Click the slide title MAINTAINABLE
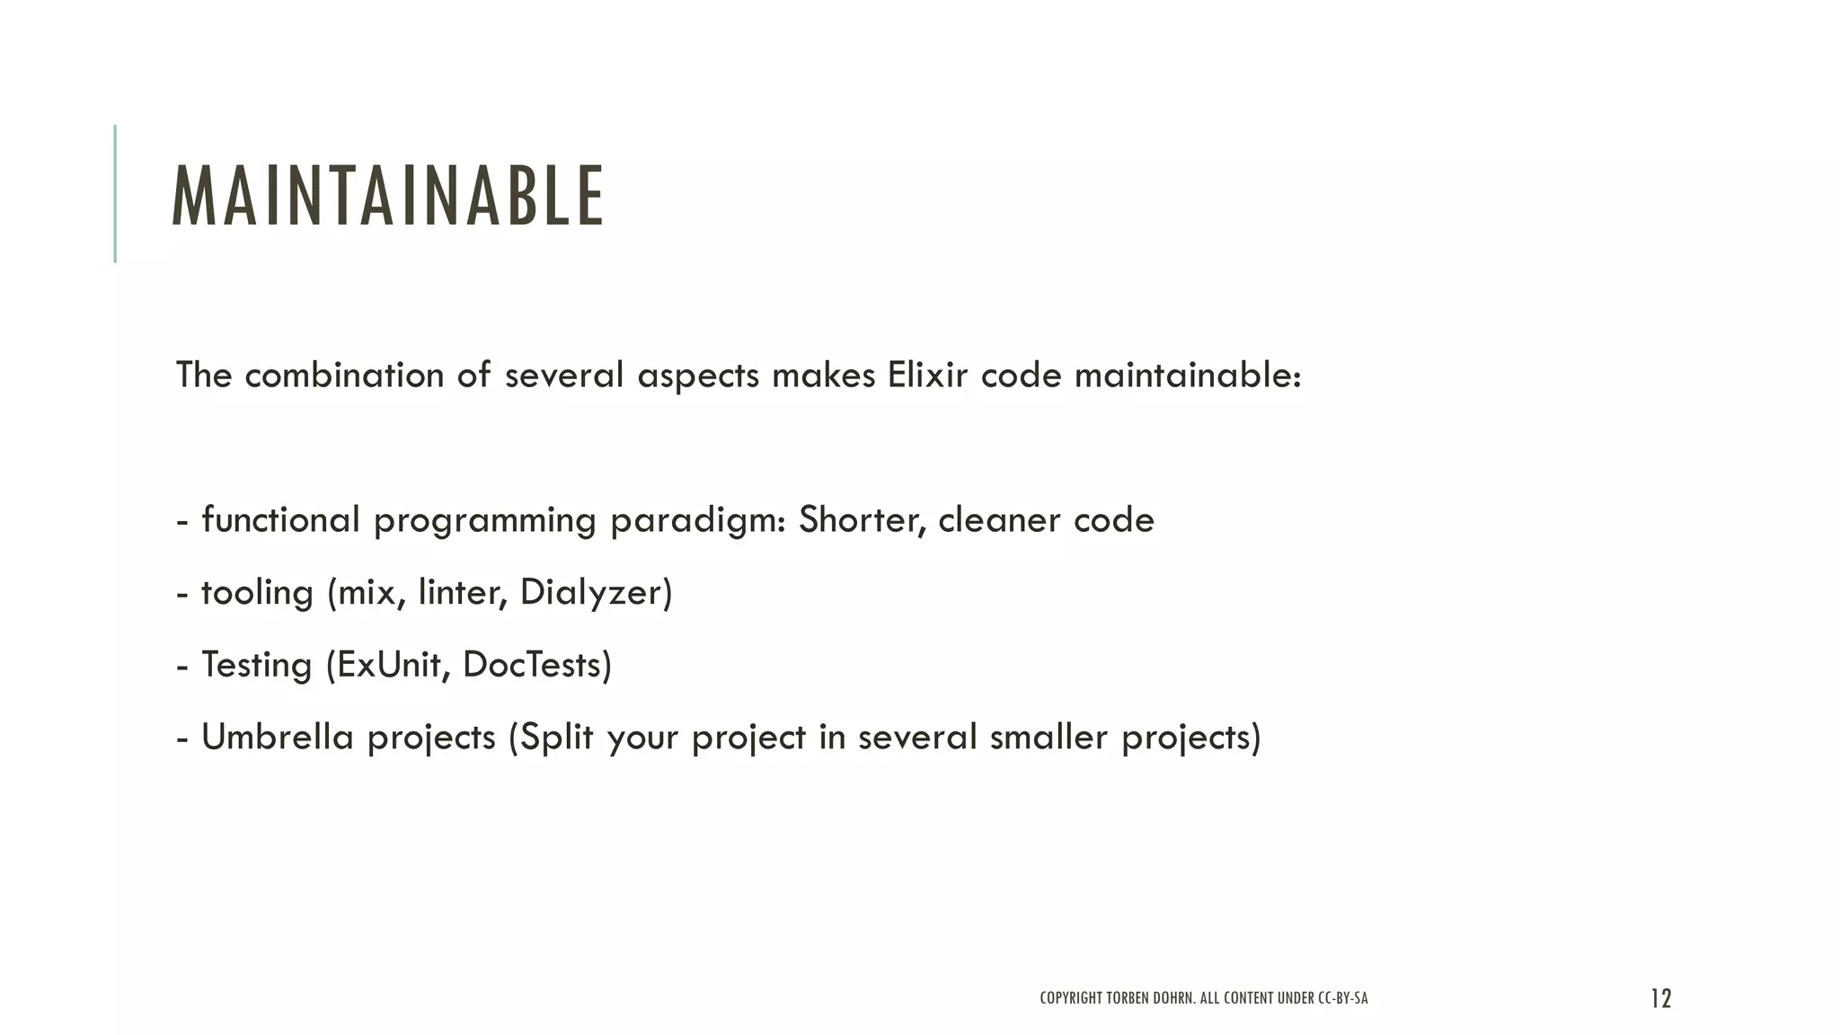[388, 196]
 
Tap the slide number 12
[1660, 998]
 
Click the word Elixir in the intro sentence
[927, 375]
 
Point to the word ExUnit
[393, 665]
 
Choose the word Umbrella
[278, 737]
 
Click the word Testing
[256, 666]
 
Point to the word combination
[344, 375]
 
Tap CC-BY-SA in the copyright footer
[1342, 998]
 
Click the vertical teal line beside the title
[115, 193]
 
